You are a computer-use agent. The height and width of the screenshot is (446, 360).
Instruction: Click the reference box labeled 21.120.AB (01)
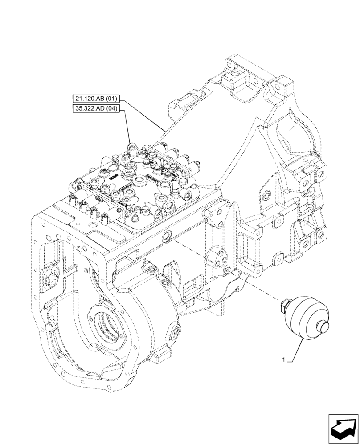tap(97, 99)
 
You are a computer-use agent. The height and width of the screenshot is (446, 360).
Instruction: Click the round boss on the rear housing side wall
tap(266, 196)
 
